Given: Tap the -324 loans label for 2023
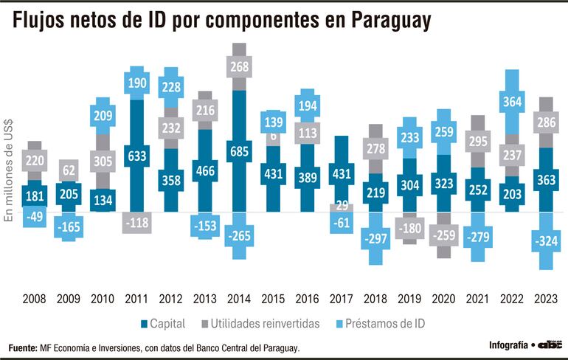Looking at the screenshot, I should [x=547, y=241].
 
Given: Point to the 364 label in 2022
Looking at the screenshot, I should [x=512, y=100].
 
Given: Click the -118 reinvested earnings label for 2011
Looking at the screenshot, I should [x=136, y=222].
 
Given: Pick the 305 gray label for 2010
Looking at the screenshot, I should [x=102, y=160].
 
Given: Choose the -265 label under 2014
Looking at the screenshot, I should [x=239, y=237].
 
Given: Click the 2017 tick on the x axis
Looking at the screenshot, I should [x=342, y=299].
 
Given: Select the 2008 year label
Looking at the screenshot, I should [x=34, y=299].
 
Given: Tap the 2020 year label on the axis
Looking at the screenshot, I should [x=444, y=299].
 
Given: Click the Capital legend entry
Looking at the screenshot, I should [x=163, y=323].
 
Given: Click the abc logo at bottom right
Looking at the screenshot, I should [x=550, y=345].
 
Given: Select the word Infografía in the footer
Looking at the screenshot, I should [x=509, y=345].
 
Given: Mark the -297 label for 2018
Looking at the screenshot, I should [x=375, y=239].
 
